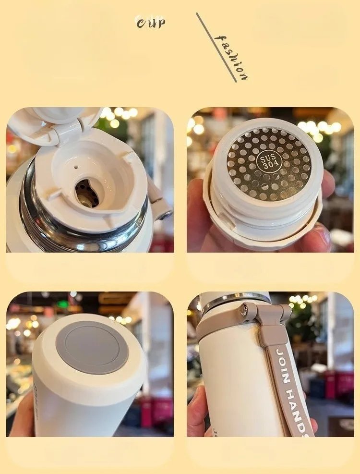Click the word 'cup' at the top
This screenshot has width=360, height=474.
tap(151, 22)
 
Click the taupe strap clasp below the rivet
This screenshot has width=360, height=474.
tap(274, 331)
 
